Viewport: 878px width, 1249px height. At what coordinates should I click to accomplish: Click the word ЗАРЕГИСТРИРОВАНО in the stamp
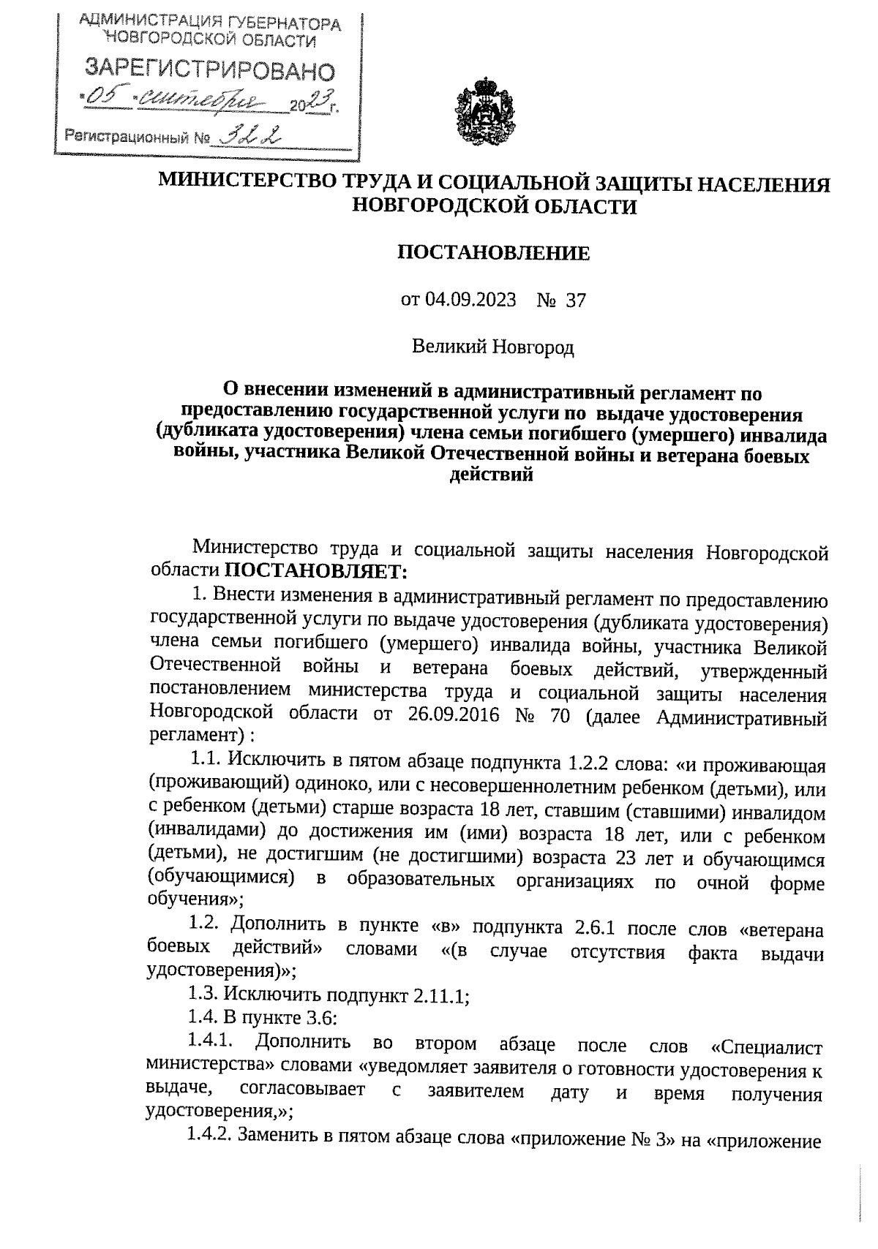coord(210,70)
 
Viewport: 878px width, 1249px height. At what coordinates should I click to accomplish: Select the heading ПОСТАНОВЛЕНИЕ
coord(493,253)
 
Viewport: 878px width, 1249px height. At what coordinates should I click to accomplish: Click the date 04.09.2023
coord(470,301)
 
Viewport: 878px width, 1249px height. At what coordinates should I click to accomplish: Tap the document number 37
coord(576,301)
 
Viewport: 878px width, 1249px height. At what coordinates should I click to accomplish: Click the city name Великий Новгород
coord(493,347)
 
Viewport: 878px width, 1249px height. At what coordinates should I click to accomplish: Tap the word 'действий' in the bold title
coord(493,476)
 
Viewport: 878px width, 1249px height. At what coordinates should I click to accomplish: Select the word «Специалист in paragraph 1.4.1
coord(766,1044)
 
